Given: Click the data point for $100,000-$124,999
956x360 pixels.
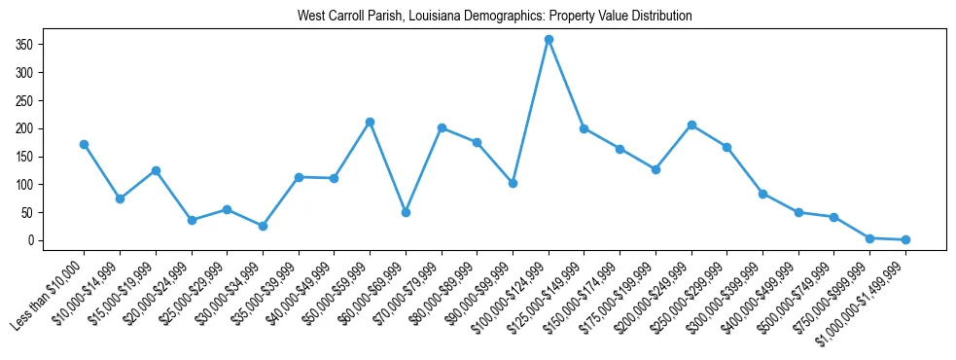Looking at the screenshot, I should [549, 39].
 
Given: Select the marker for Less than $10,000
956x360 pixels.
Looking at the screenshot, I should [84, 144].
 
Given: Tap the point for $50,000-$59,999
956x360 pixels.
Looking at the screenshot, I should [370, 122].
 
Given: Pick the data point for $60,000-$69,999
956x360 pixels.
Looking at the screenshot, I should [406, 212].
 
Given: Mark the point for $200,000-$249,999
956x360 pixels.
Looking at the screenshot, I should [691, 125].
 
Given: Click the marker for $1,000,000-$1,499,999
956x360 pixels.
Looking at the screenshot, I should [905, 239].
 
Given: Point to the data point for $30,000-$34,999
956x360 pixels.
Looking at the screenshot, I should [263, 226].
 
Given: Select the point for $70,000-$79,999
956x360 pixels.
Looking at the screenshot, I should [442, 127].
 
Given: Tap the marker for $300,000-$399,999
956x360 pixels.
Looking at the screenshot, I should [762, 194].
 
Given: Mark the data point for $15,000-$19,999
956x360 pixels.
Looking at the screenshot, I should [156, 170].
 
